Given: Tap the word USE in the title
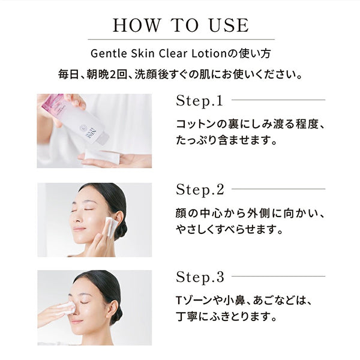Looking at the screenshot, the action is click(229, 25).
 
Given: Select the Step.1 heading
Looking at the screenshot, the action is click(200, 101).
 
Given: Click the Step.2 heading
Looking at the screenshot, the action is click(200, 190).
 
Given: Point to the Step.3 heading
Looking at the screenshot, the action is click(200, 277).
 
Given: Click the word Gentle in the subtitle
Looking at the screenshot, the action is click(109, 54).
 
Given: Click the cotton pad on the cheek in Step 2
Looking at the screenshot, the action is click(112, 227).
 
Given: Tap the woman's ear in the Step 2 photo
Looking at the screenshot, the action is click(120, 220).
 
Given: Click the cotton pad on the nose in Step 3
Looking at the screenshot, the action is click(68, 308).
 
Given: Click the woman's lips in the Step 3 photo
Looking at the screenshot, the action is click(76, 322).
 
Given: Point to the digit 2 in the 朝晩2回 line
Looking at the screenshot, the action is click(113, 75).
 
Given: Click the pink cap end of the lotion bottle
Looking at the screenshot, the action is click(53, 101).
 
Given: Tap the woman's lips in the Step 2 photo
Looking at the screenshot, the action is click(79, 229).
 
